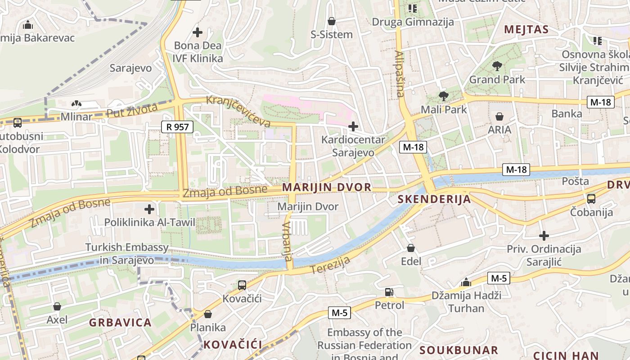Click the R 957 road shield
[177, 127]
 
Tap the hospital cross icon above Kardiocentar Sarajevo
[353, 126]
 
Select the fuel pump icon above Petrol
[389, 292]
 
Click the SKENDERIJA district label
[434, 199]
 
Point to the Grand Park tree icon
[497, 66]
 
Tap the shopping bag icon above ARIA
[499, 117]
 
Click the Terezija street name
[330, 265]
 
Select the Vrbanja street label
[287, 241]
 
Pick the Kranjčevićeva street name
[238, 111]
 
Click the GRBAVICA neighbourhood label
[120, 323]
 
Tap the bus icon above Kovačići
[242, 285]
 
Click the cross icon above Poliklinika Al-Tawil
[149, 209]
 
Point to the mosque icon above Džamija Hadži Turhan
[466, 283]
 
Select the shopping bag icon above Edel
[411, 248]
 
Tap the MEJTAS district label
[526, 30]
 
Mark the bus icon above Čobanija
[591, 198]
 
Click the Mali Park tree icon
[443, 96]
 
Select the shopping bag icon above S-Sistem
[332, 21]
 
